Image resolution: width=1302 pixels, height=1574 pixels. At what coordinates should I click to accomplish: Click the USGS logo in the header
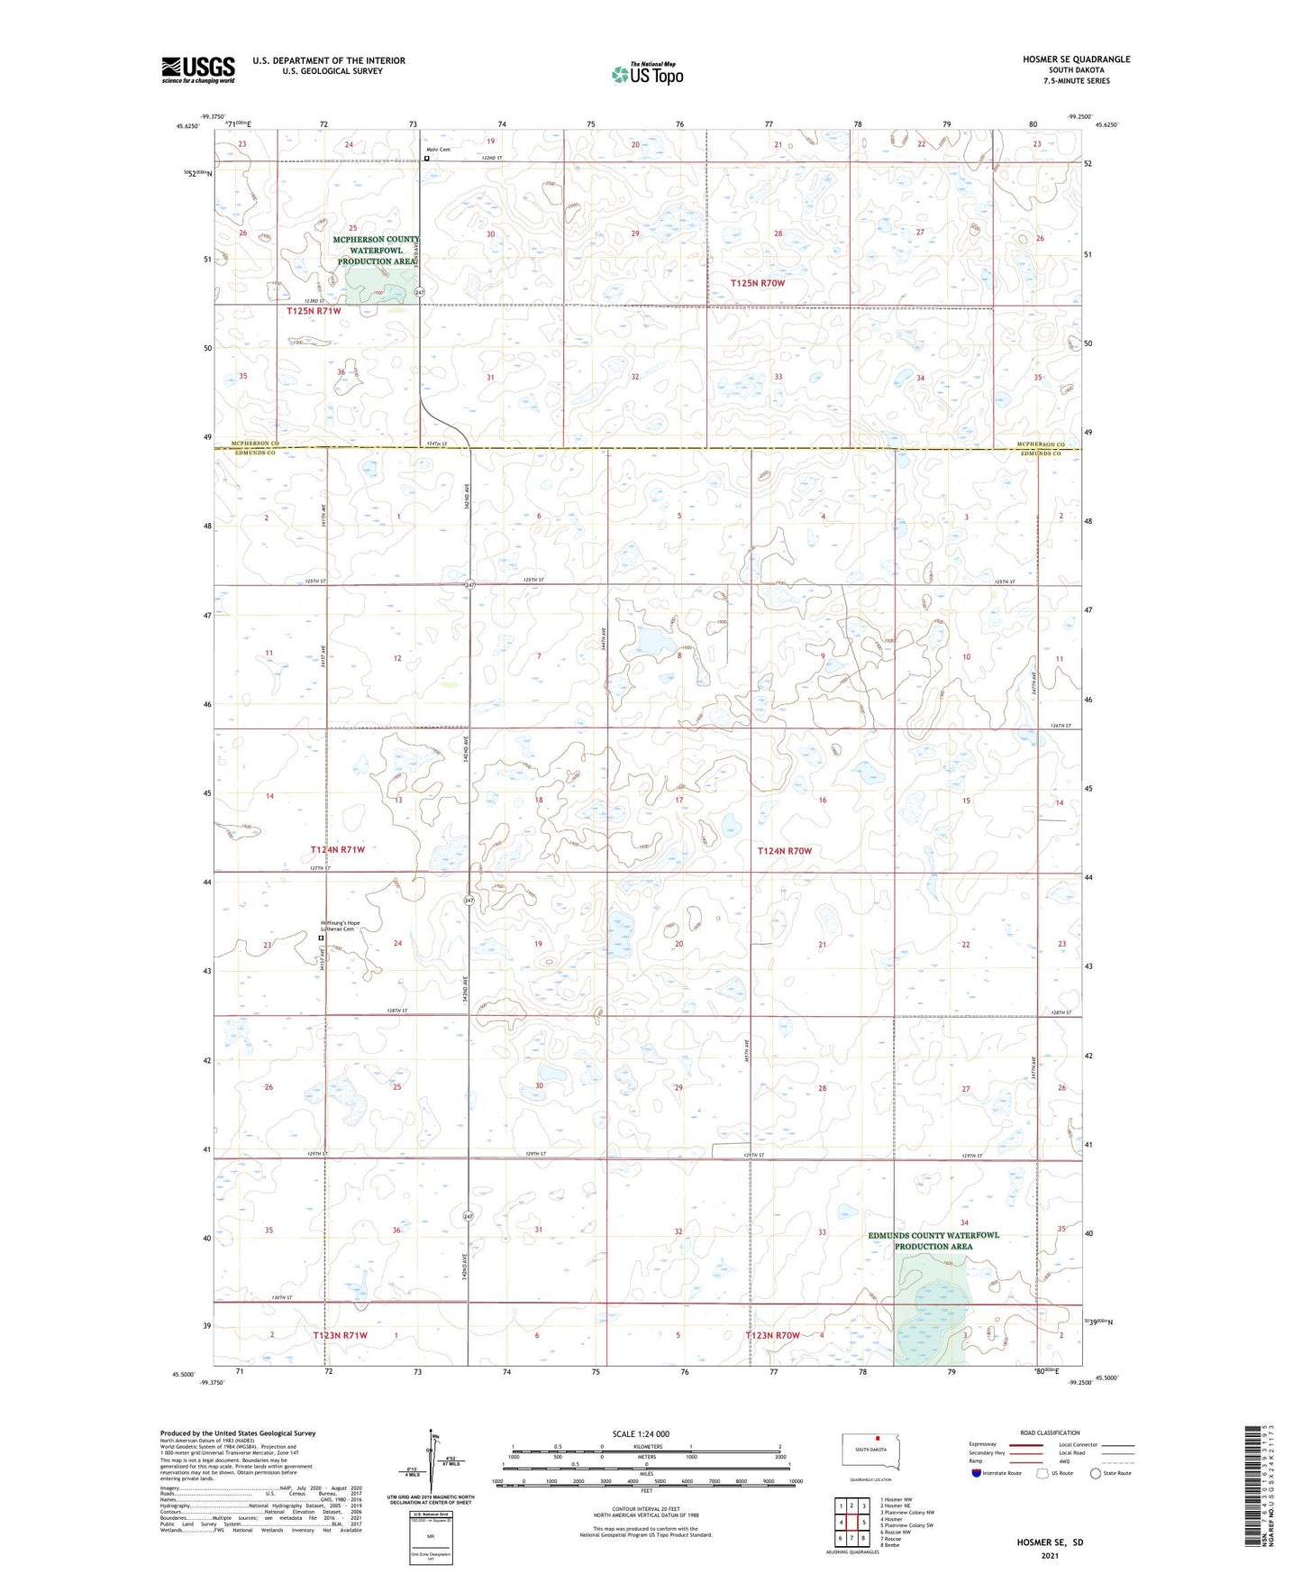(x=197, y=69)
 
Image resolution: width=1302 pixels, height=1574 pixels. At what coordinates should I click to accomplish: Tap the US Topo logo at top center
(x=646, y=74)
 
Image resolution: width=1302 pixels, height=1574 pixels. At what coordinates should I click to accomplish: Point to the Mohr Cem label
(x=438, y=150)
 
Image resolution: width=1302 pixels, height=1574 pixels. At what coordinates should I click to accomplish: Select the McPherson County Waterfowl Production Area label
(x=376, y=251)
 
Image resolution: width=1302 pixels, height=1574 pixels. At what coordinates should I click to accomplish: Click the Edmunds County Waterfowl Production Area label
(x=933, y=1240)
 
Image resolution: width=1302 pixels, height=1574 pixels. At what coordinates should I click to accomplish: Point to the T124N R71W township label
(x=338, y=849)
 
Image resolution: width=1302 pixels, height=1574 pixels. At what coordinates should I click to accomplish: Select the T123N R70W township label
(x=772, y=1335)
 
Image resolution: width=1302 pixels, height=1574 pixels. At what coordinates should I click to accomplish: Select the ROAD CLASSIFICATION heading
(x=1049, y=1432)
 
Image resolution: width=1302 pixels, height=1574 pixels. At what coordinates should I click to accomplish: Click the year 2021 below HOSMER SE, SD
(x=1050, y=1555)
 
